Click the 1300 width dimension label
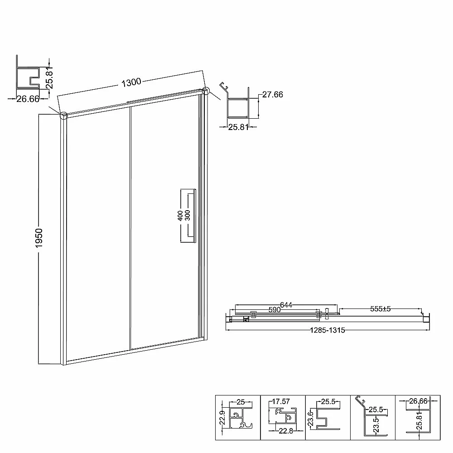[x=131, y=82]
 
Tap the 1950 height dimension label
[x=39, y=238]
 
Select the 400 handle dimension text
[x=180, y=216]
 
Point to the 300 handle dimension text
[x=188, y=216]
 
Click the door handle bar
[x=195, y=216]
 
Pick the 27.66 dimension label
[x=272, y=95]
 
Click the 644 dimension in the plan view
[x=286, y=305]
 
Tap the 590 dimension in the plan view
[x=275, y=310]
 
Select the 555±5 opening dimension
[x=380, y=309]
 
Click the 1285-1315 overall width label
[x=328, y=330]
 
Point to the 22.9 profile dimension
[x=222, y=418]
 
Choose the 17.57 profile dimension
[x=281, y=401]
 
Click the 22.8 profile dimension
[x=286, y=431]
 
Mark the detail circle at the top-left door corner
[x=63, y=115]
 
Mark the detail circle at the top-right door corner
[x=205, y=91]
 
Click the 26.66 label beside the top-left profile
[x=28, y=99]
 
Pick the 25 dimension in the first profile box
[x=241, y=402]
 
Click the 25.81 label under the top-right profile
[x=238, y=127]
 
